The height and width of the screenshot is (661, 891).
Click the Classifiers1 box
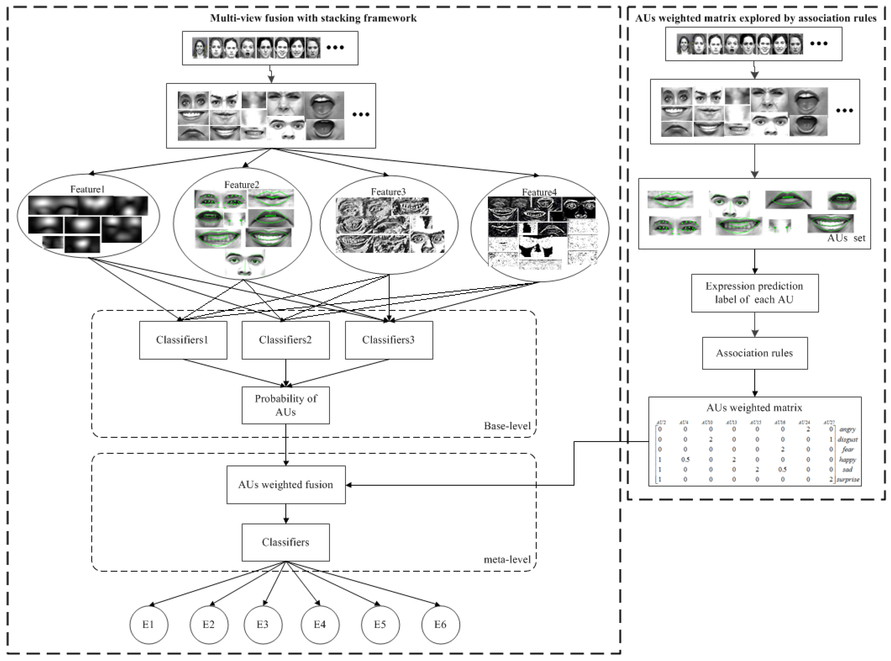click(x=183, y=340)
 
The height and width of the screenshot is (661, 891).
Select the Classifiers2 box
click(x=285, y=340)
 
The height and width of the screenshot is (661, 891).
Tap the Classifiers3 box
click(x=389, y=340)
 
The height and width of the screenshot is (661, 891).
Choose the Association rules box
click(x=754, y=353)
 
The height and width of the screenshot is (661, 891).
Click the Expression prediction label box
click(x=754, y=293)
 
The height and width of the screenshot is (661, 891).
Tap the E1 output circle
click(x=148, y=624)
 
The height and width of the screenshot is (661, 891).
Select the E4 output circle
click(x=320, y=624)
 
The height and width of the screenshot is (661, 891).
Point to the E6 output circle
click(x=440, y=624)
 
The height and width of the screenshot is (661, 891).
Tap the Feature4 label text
click(x=539, y=192)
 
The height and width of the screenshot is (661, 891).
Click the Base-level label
click(x=507, y=426)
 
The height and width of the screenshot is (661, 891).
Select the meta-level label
click(x=507, y=559)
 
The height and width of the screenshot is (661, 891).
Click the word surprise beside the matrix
click(x=848, y=479)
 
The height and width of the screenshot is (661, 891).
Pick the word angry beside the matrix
click(x=848, y=429)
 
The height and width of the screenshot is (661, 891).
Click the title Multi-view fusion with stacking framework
click(x=313, y=18)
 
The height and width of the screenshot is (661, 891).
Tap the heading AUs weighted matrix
click(x=754, y=408)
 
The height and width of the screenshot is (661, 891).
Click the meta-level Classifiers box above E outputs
click(x=285, y=542)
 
